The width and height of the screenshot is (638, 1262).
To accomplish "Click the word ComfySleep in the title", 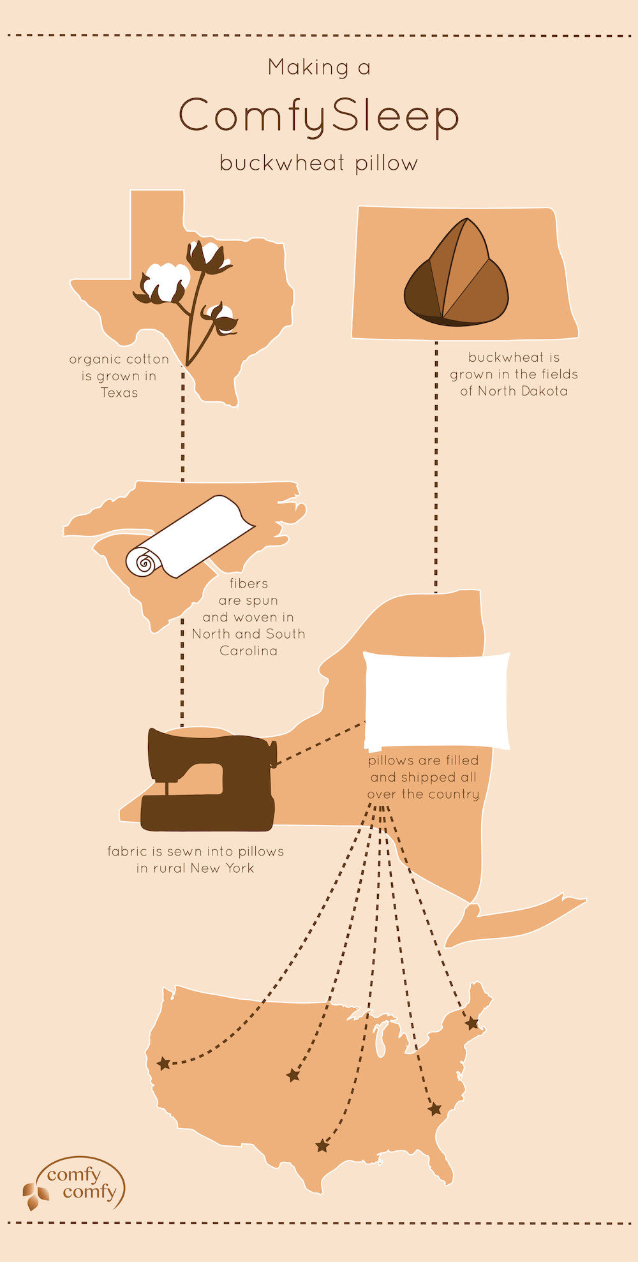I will point(318,116).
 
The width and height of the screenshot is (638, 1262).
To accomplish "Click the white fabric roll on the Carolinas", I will point(189,537).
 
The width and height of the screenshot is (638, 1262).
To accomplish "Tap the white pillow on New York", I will point(437,701).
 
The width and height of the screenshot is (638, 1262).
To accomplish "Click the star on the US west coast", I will point(164,1063).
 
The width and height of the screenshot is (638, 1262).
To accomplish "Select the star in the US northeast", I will point(472,1023).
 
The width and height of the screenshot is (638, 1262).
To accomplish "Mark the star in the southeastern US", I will point(435,1109).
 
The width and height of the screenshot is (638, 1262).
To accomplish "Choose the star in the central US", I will point(293,1076).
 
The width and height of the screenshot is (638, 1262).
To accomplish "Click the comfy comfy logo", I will point(75,1184).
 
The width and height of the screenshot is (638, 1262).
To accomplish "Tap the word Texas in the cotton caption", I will point(119,393).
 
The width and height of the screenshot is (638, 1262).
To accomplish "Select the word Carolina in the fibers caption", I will point(248,651).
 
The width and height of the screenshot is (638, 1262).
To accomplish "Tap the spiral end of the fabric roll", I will point(144,563).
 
